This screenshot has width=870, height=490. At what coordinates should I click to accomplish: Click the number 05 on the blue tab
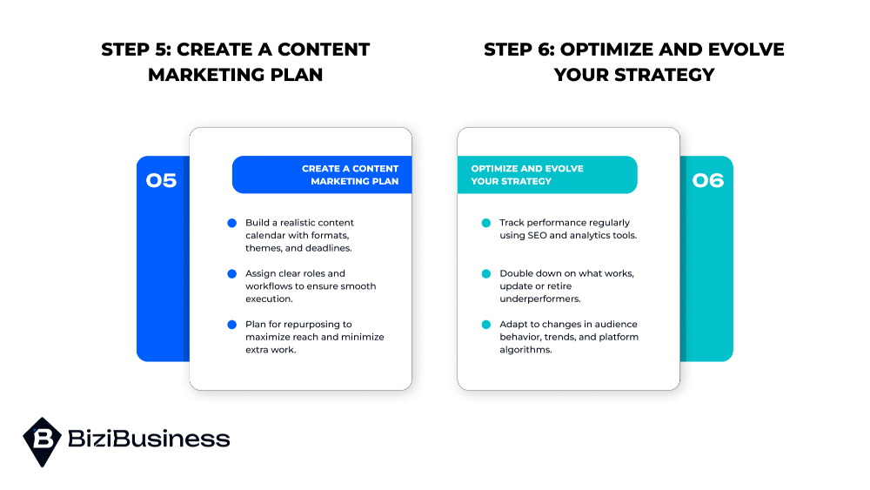pos(161,180)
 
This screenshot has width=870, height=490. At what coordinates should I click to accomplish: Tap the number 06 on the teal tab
pos(708,180)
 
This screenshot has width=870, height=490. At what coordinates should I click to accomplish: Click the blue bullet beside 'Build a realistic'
pos(232,223)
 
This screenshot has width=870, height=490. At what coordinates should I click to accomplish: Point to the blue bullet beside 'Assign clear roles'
pos(232,273)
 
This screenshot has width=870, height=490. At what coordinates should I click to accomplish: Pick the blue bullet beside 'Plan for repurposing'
pos(232,325)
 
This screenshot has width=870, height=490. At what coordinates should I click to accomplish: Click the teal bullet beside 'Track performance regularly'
pos(486,223)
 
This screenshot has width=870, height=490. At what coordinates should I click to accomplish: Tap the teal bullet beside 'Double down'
pos(486,273)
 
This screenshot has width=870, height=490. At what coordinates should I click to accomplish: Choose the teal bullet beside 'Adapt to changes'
pos(486,325)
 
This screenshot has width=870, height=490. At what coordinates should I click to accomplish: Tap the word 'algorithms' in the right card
pos(526,350)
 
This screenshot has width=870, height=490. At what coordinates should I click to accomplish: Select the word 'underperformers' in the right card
pos(539,299)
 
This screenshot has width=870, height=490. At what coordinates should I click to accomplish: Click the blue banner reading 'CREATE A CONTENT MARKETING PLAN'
pos(322,175)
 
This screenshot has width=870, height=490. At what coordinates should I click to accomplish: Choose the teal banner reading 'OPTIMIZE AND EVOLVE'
pos(547,175)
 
